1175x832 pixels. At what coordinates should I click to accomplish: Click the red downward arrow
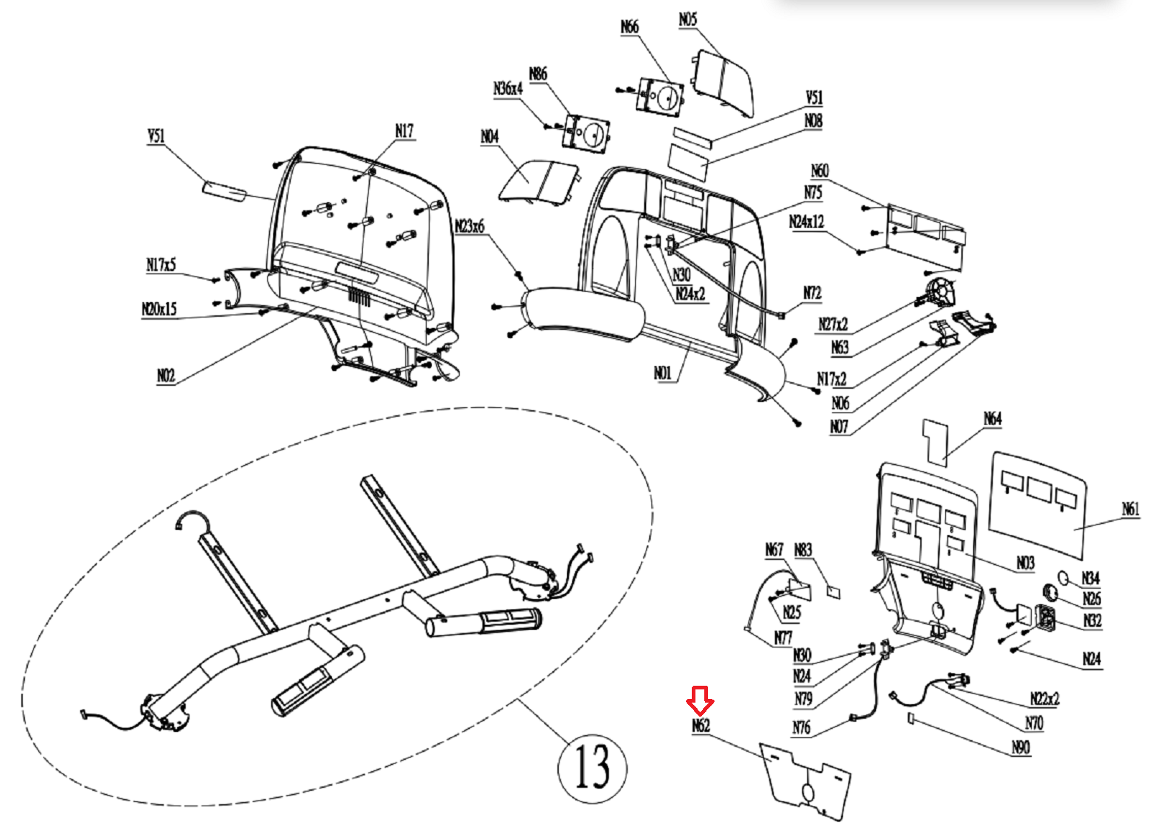click(x=700, y=700)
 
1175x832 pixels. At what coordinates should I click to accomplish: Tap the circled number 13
click(x=592, y=767)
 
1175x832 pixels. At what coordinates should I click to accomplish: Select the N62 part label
click(x=701, y=726)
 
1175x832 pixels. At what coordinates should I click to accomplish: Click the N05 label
click(x=688, y=20)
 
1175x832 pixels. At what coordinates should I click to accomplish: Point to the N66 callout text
click(x=630, y=27)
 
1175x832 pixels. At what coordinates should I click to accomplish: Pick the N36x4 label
click(x=507, y=89)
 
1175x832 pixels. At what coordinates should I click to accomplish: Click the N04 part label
click(x=490, y=137)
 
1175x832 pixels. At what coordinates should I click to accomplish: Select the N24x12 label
click(x=806, y=222)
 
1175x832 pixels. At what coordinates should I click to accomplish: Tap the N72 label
click(x=811, y=293)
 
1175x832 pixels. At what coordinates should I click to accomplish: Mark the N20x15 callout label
click(x=159, y=309)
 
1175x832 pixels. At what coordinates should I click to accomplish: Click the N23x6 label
click(x=470, y=226)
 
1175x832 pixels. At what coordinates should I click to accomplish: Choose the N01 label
click(x=662, y=373)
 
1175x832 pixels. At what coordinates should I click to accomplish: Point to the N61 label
click(x=1131, y=509)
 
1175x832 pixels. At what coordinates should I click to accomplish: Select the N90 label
click(x=1021, y=747)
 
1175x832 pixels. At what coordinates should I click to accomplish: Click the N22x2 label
click(x=1044, y=698)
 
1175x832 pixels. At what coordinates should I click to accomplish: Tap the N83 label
click(x=803, y=550)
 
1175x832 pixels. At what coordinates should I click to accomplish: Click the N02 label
click(x=166, y=376)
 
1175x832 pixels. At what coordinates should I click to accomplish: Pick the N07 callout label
click(x=839, y=427)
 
